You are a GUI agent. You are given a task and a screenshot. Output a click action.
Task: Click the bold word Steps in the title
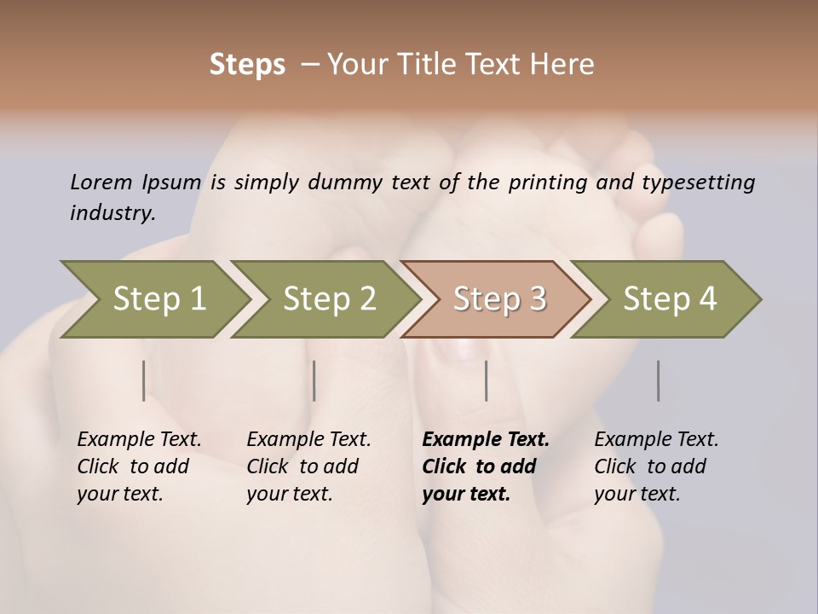247,65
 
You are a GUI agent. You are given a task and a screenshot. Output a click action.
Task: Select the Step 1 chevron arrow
158,299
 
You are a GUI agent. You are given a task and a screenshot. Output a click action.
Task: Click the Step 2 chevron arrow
329,299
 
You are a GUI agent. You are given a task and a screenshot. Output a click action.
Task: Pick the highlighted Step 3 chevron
498,299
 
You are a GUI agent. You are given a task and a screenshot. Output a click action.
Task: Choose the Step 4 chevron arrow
669,299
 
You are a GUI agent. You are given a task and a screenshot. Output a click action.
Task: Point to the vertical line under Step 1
143,380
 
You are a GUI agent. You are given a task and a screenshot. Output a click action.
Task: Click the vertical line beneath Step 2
314,380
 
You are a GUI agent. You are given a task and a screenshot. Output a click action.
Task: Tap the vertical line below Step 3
486,380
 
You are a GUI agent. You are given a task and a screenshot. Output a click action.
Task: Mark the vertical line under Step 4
658,380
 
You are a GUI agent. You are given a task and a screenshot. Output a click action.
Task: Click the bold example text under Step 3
485,466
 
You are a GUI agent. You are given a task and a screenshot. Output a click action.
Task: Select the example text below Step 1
139,466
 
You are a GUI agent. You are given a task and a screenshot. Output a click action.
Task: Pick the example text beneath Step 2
308,466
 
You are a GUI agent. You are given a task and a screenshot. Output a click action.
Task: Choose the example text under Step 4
656,466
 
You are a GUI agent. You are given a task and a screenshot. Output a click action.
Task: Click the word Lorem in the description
101,182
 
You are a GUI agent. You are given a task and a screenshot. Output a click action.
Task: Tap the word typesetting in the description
698,182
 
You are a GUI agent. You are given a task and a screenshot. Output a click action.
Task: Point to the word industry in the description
112,212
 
